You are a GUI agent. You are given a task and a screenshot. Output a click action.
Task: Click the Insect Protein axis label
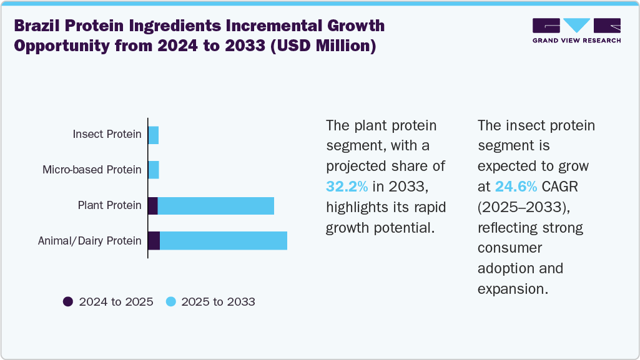(x=107, y=134)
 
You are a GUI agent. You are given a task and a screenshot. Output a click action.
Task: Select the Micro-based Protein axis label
(x=92, y=170)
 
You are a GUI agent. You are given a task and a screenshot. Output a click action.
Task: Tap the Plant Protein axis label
(x=109, y=205)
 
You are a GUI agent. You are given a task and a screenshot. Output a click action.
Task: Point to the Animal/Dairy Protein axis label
(x=89, y=241)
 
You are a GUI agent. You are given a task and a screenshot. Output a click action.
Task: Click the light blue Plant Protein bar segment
(x=216, y=205)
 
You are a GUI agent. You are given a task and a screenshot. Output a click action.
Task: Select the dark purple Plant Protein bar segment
(x=153, y=205)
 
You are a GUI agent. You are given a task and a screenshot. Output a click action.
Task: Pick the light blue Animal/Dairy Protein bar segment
(x=224, y=241)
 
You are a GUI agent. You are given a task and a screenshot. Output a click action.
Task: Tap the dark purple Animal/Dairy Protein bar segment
(x=154, y=241)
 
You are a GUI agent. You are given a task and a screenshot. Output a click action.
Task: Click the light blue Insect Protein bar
(x=154, y=135)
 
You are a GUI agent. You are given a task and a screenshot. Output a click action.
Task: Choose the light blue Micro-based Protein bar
(x=154, y=170)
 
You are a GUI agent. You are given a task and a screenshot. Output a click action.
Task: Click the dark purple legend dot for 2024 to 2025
(x=68, y=302)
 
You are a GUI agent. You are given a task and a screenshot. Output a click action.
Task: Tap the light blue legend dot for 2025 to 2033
(x=170, y=302)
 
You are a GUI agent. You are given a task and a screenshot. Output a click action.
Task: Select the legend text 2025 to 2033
(x=218, y=302)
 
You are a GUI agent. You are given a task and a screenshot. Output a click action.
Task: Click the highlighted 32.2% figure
(x=347, y=186)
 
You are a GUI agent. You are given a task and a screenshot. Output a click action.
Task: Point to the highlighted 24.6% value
(x=516, y=186)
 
